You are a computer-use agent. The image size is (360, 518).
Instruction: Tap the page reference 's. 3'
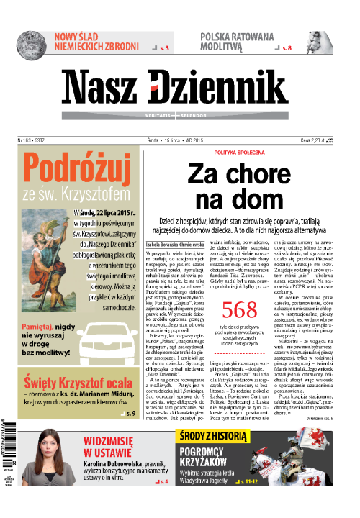pos(165,47)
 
